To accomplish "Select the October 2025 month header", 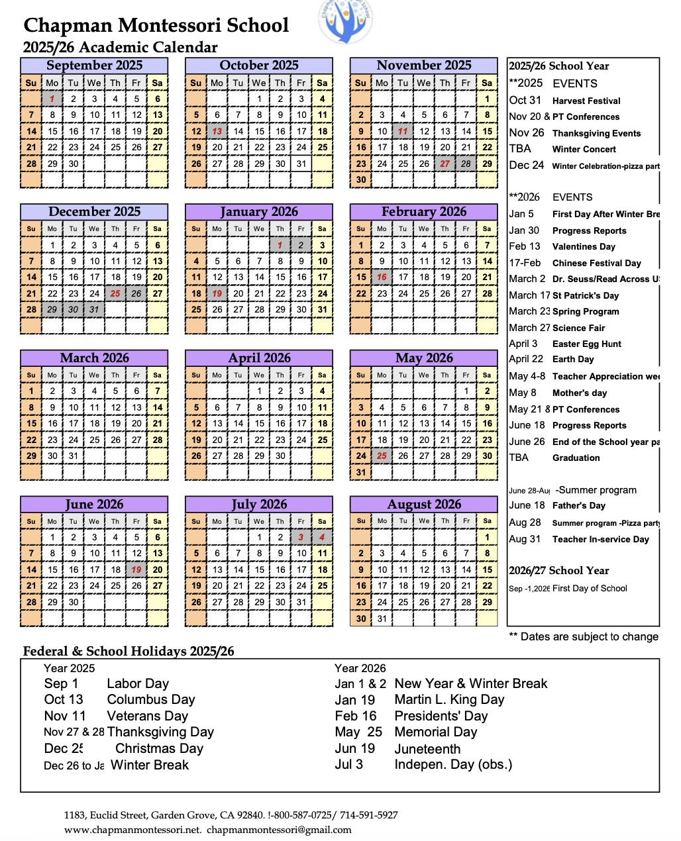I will (x=259, y=66).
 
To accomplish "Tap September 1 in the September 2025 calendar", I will (x=52, y=99).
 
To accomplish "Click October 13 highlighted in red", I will (x=217, y=131).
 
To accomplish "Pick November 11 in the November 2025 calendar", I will (x=403, y=131).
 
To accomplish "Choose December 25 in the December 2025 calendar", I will (x=116, y=293).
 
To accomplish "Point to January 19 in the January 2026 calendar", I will (x=217, y=293).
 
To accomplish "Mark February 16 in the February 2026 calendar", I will (x=382, y=277).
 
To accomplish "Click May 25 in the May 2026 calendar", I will (x=382, y=456).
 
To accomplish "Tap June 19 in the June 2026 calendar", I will (x=136, y=569).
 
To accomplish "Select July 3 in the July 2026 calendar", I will (x=301, y=537).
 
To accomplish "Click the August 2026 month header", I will (x=424, y=505).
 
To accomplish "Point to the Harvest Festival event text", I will (x=586, y=101).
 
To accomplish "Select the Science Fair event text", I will (x=578, y=328).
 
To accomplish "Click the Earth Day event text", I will (x=573, y=359).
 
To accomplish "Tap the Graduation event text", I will (x=576, y=458).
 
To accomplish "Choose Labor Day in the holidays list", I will (x=138, y=683).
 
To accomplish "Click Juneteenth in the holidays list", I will (x=427, y=749).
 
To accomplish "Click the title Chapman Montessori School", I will (x=156, y=25).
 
